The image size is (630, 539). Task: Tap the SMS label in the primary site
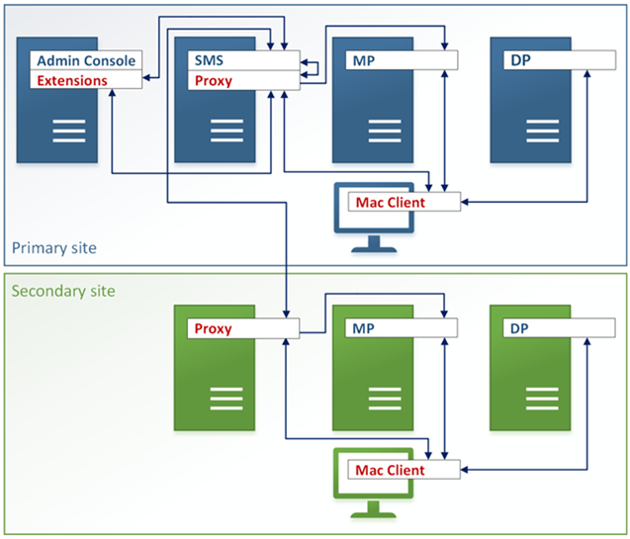(x=208, y=60)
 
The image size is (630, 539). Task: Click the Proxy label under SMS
(x=214, y=80)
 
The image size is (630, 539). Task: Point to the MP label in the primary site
(x=362, y=60)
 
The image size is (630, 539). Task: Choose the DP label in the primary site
(x=520, y=60)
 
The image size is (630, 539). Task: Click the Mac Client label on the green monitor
(x=390, y=470)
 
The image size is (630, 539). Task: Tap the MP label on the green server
(x=362, y=328)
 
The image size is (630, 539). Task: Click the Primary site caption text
(x=54, y=247)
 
